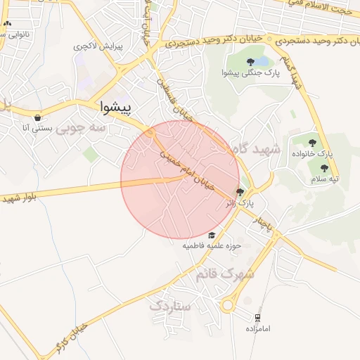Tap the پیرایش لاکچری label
click(x=98, y=46)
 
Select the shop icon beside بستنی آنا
click(x=37, y=117)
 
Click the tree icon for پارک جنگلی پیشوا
click(x=251, y=62)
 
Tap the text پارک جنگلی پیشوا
click(x=250, y=73)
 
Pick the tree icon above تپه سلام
click(x=324, y=168)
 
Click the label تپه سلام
click(x=325, y=179)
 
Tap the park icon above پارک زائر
click(x=240, y=192)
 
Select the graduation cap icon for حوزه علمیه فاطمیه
click(x=212, y=235)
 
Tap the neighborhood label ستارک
click(x=170, y=306)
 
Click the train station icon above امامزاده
click(x=258, y=318)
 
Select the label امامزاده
click(x=258, y=328)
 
